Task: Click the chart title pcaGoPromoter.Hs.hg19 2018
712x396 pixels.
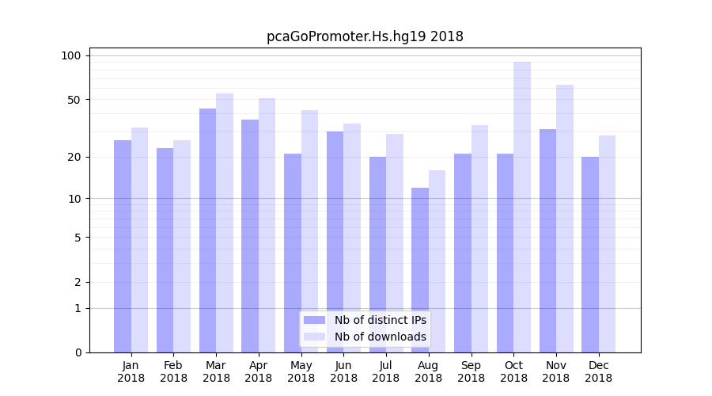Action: coord(365,36)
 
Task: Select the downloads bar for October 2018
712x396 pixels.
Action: coord(522,207)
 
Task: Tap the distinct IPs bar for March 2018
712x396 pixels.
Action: coord(207,230)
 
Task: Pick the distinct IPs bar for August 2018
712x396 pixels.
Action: coord(420,270)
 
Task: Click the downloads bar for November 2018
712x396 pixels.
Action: coord(565,219)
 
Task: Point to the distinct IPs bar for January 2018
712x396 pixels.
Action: coord(123,246)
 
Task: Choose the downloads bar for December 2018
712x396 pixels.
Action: coord(607,244)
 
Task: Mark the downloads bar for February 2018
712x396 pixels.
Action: coord(182,246)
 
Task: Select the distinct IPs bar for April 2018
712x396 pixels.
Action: coord(250,236)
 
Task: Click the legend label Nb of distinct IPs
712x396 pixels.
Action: coord(381,320)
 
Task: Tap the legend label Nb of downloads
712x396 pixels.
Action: coord(381,337)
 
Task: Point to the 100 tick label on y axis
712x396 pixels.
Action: coord(71,55)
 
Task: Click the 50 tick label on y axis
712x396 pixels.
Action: coord(74,100)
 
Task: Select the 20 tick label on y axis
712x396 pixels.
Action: coord(74,157)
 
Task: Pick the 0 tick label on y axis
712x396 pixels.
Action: coord(78,352)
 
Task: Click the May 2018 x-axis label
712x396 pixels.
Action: coord(301,371)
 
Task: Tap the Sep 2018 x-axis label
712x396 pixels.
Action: coord(471,371)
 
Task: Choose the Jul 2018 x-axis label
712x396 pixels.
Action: coord(386,371)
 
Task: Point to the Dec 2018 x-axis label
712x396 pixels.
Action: coord(598,371)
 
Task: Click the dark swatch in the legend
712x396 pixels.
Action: coord(315,320)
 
